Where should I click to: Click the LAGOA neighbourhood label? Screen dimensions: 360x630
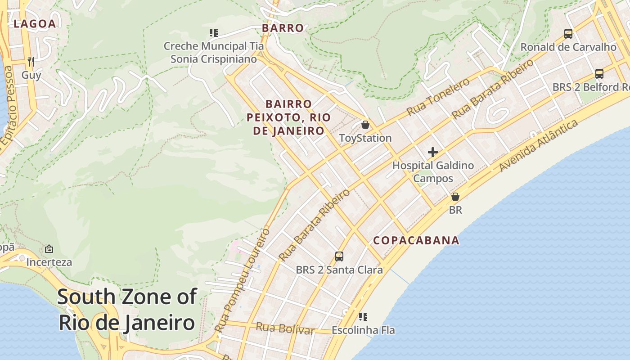tap(35, 24)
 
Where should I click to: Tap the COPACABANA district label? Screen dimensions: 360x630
tap(416, 240)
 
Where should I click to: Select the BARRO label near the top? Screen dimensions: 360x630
tap(283, 28)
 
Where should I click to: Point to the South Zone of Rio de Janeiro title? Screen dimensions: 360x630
tap(127, 310)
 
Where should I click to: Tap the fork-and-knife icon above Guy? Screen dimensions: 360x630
tap(31, 61)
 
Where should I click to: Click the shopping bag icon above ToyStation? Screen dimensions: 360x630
tap(365, 125)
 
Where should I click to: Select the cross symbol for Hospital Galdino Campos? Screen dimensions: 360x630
tap(433, 152)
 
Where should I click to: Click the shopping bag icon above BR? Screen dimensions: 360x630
tap(455, 197)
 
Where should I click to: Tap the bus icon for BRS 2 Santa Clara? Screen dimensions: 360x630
tap(339, 256)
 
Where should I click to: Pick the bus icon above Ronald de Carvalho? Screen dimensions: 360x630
tap(568, 34)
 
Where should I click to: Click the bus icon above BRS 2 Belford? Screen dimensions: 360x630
tap(599, 74)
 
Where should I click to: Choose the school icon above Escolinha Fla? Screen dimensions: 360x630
tap(363, 317)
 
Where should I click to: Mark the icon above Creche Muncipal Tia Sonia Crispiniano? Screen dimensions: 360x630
tap(214, 33)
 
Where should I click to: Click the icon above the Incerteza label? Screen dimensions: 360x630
tap(49, 249)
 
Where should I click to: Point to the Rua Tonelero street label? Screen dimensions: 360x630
tap(438, 97)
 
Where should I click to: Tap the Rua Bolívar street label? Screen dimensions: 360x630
tap(285, 328)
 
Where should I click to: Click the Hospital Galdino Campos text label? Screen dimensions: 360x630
tap(433, 172)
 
